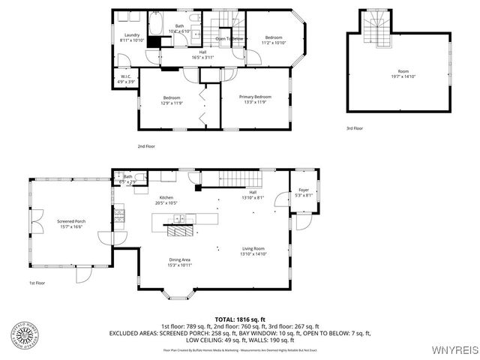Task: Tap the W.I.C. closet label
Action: point(127,77)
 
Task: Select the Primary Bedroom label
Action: point(254,97)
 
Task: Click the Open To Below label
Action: point(229,38)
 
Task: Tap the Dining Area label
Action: point(180,259)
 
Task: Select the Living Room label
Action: point(253,249)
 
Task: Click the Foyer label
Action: point(304,190)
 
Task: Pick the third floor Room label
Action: point(403,73)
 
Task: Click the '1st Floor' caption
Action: point(37,283)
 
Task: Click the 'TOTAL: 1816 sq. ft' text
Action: point(240,319)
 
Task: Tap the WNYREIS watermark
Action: point(454,349)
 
